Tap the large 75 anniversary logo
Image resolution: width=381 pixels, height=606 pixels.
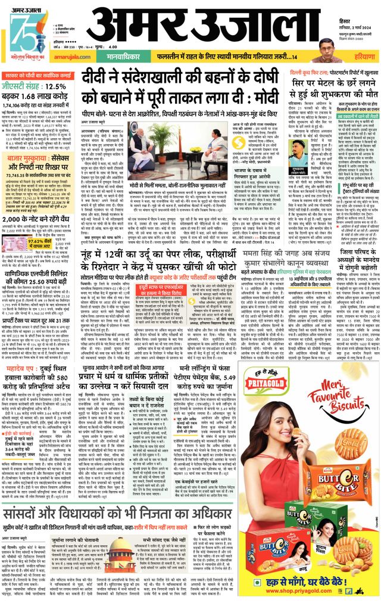point(23,29)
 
